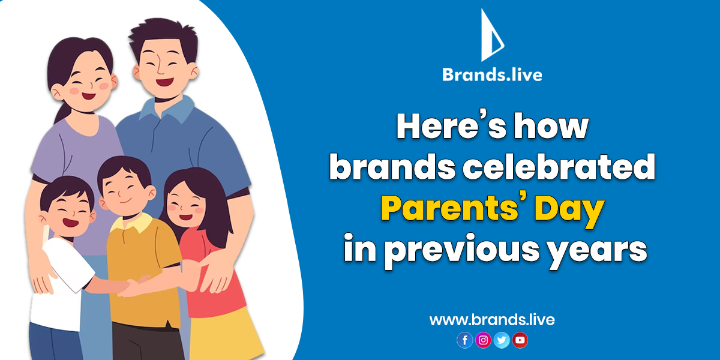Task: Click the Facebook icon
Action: [x=465, y=340]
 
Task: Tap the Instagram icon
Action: [x=483, y=340]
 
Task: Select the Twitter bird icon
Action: [x=502, y=340]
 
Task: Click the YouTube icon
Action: [x=520, y=340]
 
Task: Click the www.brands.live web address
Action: [x=492, y=320]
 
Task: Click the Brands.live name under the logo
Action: [x=492, y=74]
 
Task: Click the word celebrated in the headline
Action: [x=559, y=167]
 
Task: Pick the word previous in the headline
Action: [x=462, y=251]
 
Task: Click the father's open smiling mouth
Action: [x=164, y=82]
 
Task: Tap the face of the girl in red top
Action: [x=185, y=206]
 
